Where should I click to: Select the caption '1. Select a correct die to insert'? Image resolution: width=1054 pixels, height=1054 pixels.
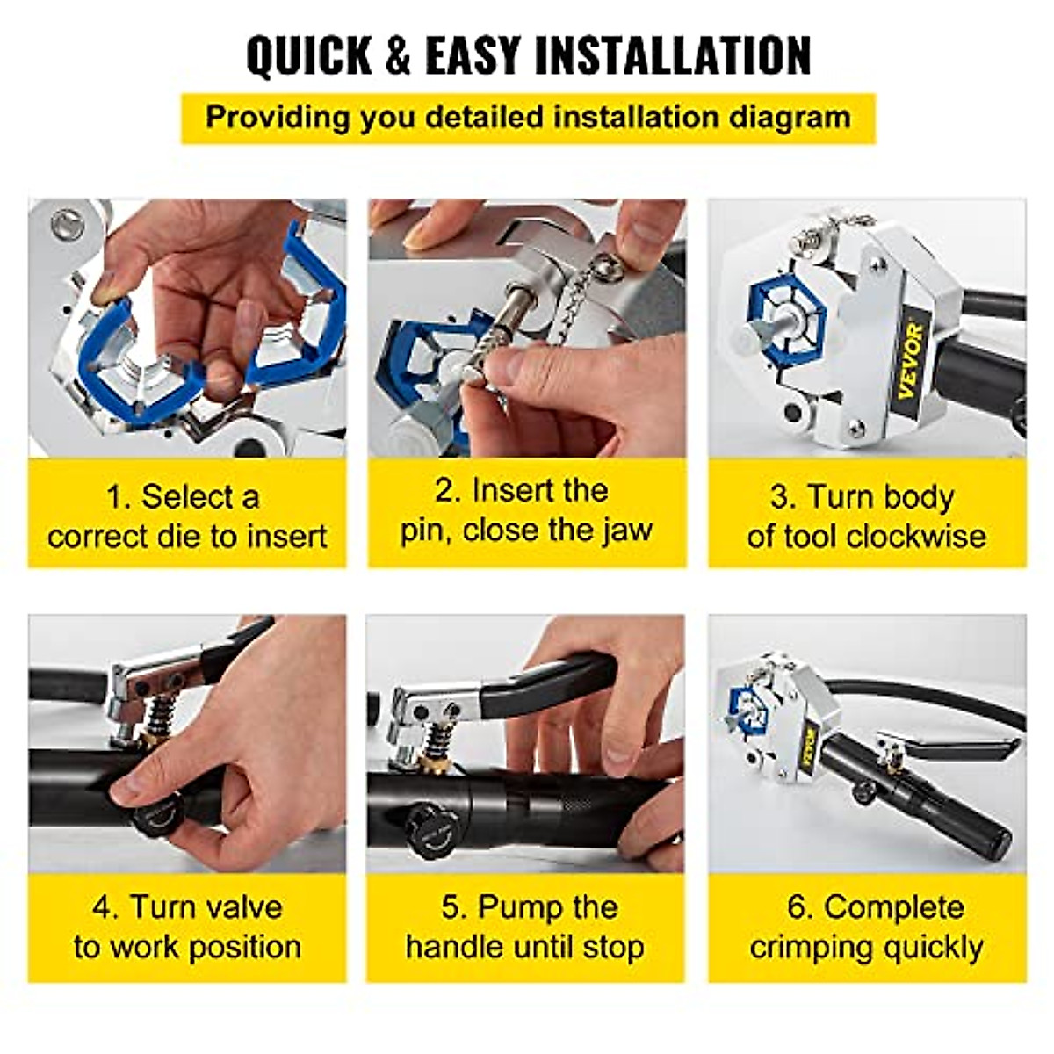[x=187, y=516]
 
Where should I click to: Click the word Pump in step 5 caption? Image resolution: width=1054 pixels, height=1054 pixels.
[x=516, y=906]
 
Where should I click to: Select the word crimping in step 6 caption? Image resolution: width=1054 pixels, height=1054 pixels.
[x=809, y=947]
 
